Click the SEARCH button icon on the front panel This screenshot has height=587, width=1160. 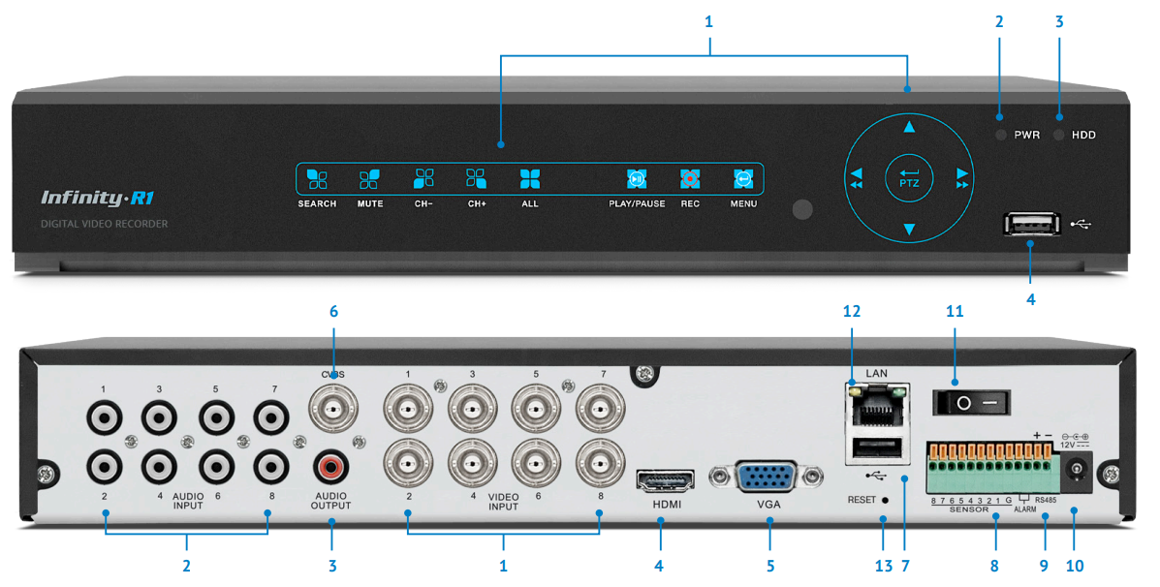click(317, 179)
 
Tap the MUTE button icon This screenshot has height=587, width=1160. click(369, 179)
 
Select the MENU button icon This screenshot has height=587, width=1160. click(742, 179)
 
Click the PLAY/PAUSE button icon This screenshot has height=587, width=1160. click(636, 179)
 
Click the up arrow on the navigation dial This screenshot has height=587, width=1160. click(909, 127)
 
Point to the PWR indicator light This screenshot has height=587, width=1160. click(1001, 135)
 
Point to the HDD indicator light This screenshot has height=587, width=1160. click(1059, 135)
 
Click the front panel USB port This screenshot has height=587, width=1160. click(1030, 225)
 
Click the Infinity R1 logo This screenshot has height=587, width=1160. click(98, 199)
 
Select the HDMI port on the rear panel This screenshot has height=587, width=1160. click(665, 480)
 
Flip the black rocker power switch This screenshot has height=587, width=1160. click(971, 401)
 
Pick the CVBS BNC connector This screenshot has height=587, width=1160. click(332, 411)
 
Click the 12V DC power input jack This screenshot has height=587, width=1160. click(1075, 472)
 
